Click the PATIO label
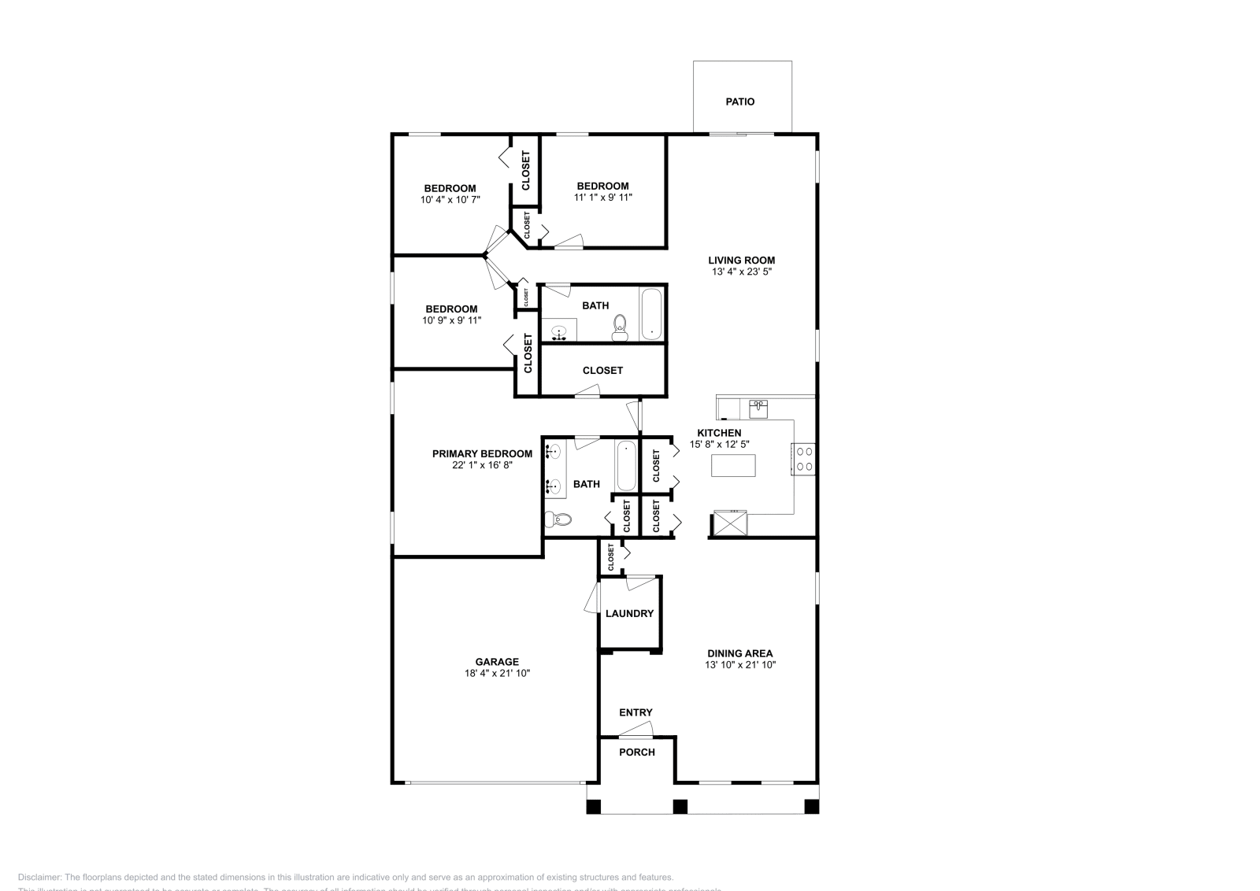pos(739,102)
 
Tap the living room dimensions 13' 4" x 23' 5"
pos(741,272)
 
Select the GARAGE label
pos(497,662)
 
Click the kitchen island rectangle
pos(733,466)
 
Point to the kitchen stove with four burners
pos(804,459)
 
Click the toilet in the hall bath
pos(620,328)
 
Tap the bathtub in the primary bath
pos(625,465)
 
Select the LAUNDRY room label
pos(629,613)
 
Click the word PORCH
pos(637,752)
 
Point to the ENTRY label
pos(636,712)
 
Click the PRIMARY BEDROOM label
pos(482,453)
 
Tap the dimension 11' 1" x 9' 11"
pos(603,198)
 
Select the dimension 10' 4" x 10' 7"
pos(450,200)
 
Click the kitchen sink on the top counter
pos(758,409)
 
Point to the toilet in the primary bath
pos(560,519)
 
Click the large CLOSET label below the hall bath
pos(602,370)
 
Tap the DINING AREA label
pos(739,653)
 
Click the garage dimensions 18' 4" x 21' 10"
pos(497,674)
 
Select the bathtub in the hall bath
pos(652,314)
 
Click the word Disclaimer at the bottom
pos(39,877)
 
